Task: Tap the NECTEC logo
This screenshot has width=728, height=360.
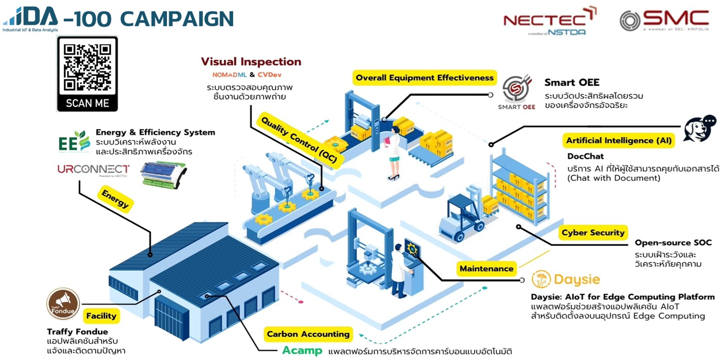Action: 549,21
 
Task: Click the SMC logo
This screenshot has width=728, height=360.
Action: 664,20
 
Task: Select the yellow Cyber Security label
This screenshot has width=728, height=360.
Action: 593,233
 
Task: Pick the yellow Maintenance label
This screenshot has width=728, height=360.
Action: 486,269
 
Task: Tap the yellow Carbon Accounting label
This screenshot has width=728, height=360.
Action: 308,334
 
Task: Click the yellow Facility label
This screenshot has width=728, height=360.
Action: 101,316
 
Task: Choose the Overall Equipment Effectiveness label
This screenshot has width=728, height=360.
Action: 424,78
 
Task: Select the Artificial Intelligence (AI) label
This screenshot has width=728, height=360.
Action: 619,141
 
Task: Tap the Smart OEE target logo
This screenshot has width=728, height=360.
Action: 516,89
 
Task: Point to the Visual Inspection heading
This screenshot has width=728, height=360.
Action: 251,62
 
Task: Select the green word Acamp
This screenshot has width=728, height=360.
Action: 302,351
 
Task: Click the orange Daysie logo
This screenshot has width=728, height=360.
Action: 566,279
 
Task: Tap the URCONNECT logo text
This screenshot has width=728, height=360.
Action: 93,169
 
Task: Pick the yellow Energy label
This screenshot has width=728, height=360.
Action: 115,200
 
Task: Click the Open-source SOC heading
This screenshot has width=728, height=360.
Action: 673,243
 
